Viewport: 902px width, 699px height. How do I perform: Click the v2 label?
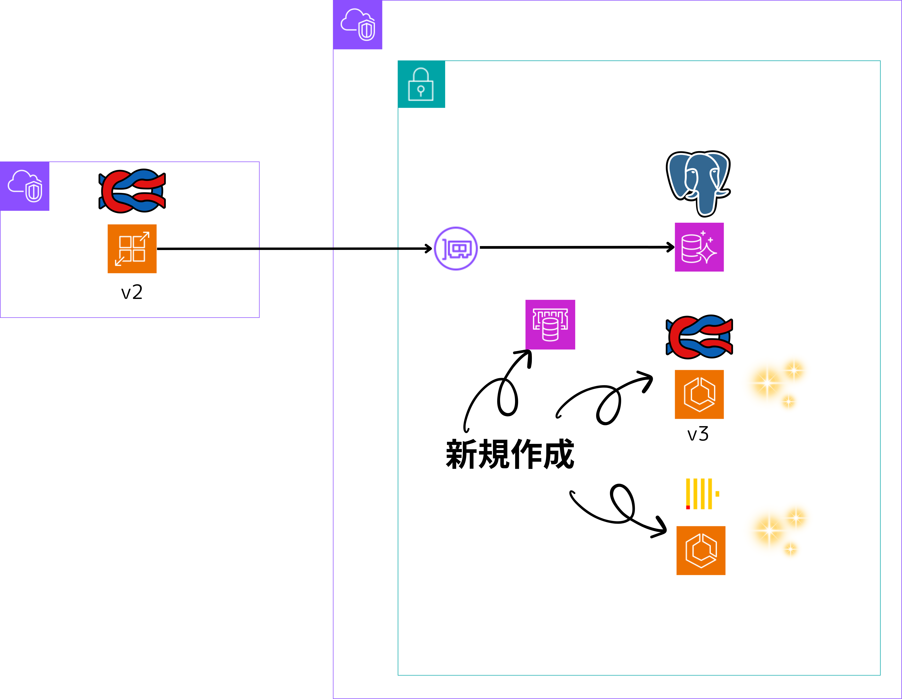pos(132,292)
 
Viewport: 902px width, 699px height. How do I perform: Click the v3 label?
pos(698,434)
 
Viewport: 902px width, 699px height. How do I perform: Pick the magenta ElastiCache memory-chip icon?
pos(550,325)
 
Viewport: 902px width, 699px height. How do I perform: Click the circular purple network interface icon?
pos(456,248)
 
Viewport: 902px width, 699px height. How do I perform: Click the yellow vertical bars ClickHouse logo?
pos(701,494)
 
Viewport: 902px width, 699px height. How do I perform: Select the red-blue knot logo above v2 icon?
pos(132,191)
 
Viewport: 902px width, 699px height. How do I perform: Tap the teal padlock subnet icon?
pos(421,84)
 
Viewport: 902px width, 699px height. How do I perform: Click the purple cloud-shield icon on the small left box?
pos(25,186)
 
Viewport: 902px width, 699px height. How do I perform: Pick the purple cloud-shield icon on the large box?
pos(358,25)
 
